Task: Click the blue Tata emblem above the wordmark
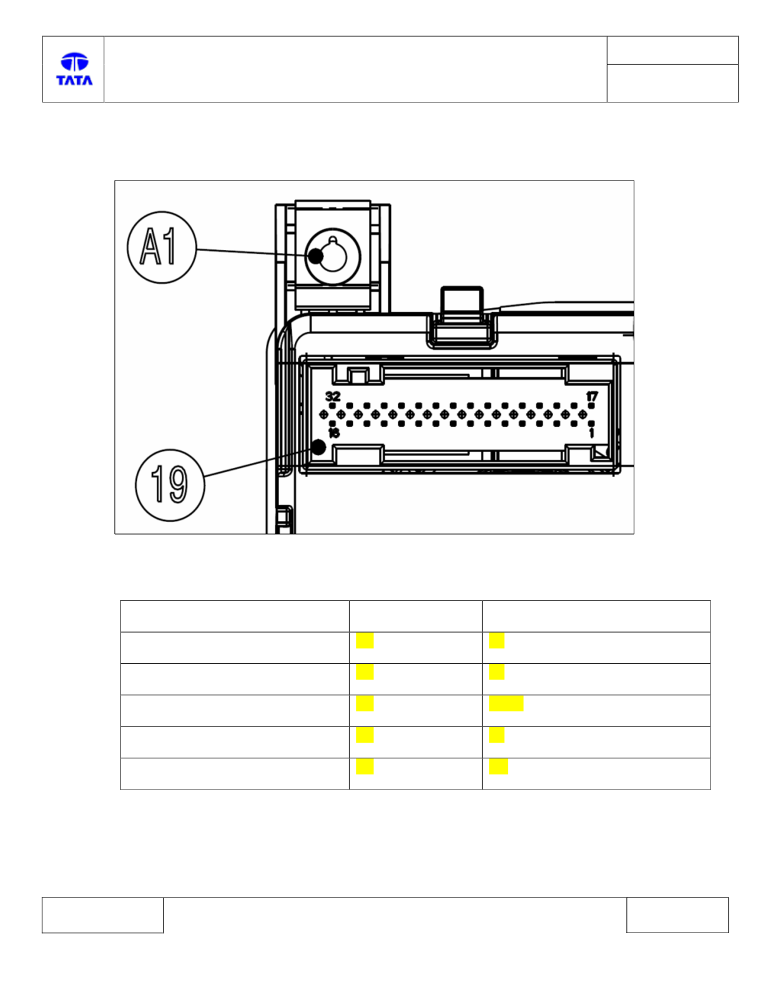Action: click(x=74, y=62)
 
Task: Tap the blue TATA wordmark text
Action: click(x=74, y=81)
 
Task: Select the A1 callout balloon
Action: click(x=162, y=247)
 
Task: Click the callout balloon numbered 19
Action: click(x=170, y=485)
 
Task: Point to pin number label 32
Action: click(x=333, y=397)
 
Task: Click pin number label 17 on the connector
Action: click(x=592, y=397)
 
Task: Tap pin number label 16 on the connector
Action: click(x=333, y=433)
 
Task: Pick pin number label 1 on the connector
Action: click(x=592, y=433)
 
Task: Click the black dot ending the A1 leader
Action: click(x=315, y=256)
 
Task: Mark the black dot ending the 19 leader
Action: click(x=318, y=447)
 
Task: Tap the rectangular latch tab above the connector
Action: click(x=462, y=301)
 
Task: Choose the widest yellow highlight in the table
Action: click(x=506, y=703)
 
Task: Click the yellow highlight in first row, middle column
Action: click(x=365, y=640)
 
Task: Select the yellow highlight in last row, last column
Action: click(x=498, y=766)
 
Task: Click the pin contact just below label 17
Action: click(x=591, y=406)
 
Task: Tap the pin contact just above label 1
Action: click(x=591, y=423)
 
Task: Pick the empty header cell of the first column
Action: click(x=235, y=616)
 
